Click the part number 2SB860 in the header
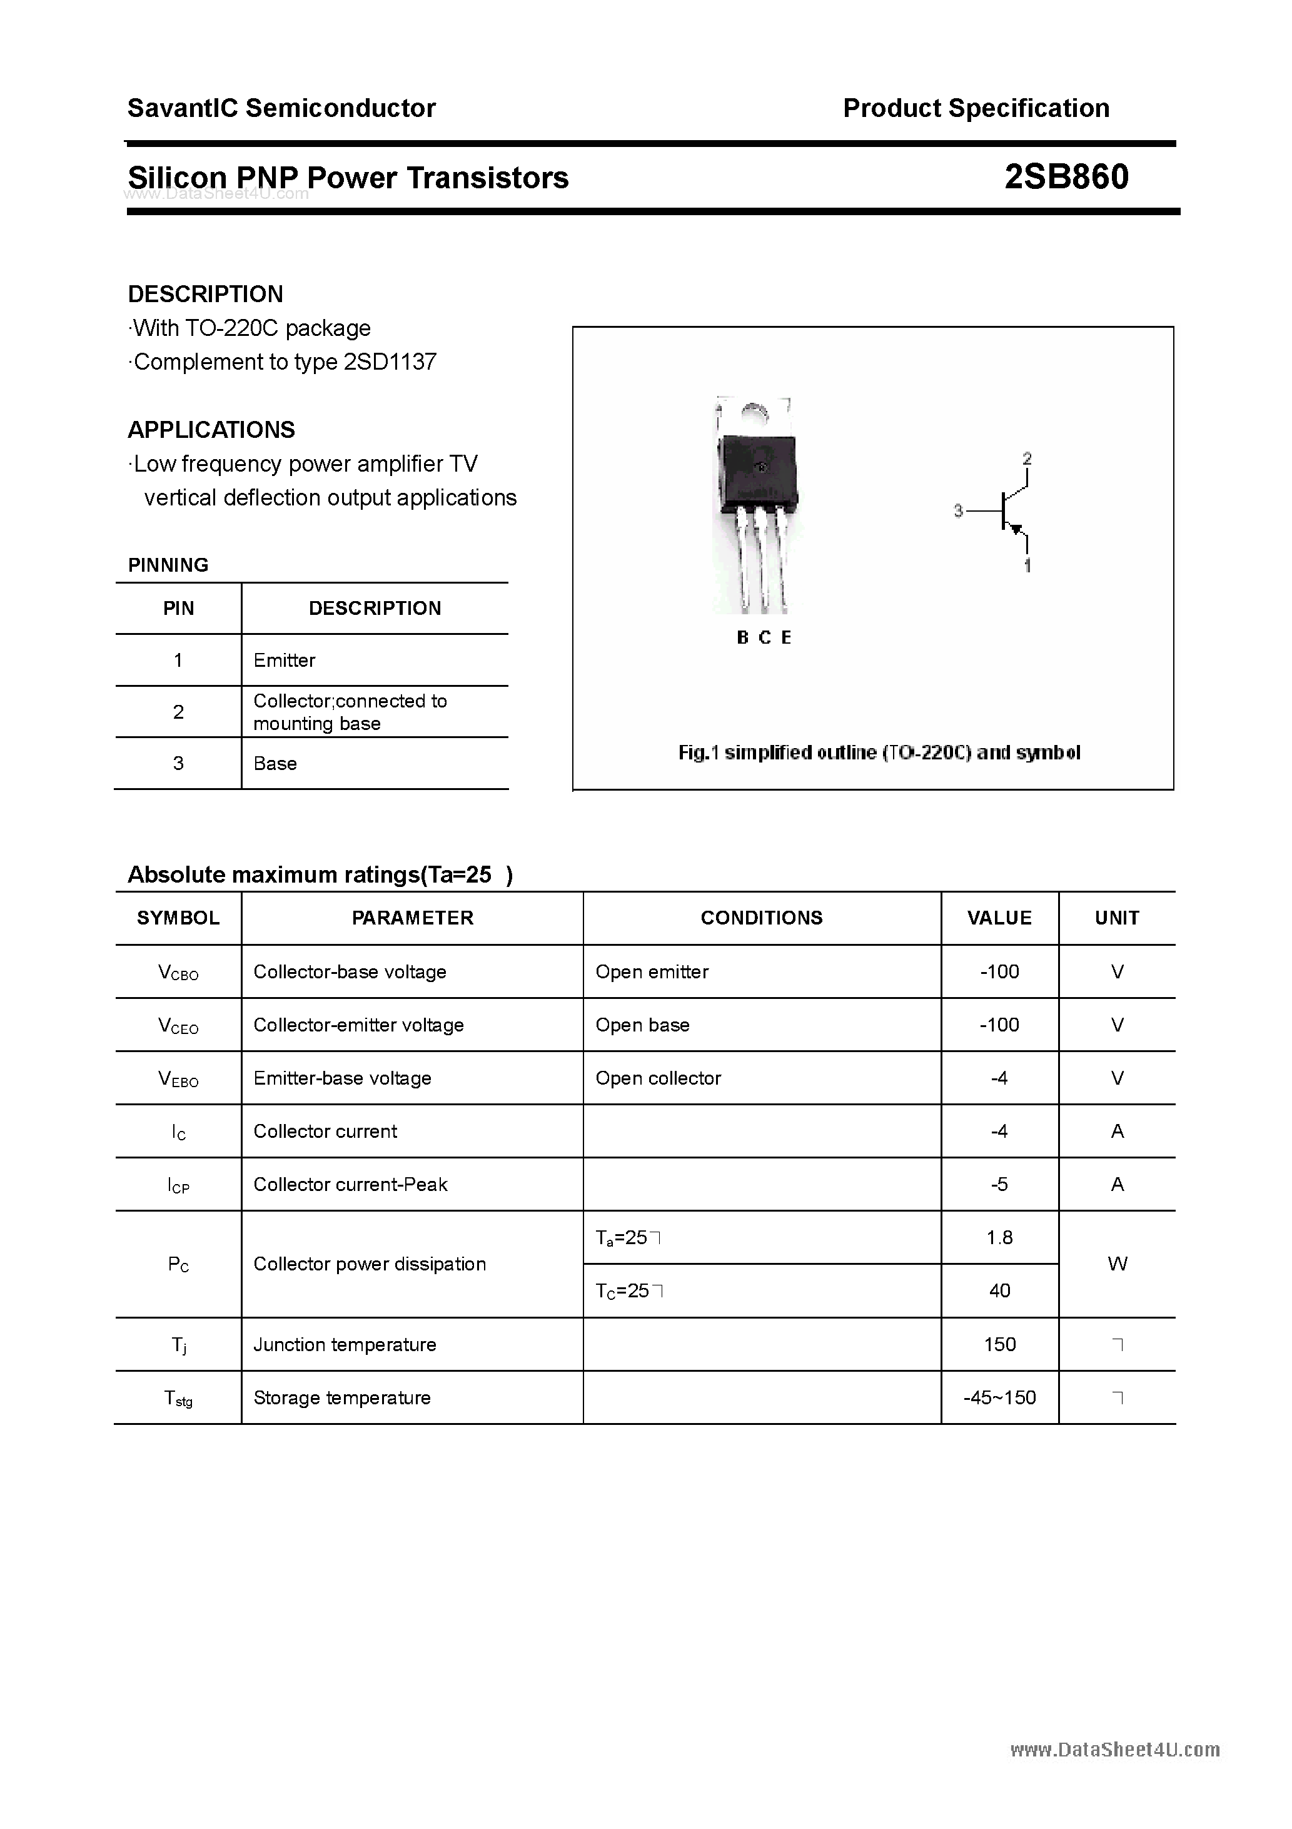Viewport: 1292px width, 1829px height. (x=1066, y=177)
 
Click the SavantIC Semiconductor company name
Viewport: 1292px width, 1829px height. (x=281, y=108)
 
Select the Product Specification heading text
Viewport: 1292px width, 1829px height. (x=976, y=108)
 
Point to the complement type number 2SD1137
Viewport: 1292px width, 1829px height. (x=390, y=362)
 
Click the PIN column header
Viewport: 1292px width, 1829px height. (x=178, y=609)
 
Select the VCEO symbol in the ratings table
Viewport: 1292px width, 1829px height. (x=178, y=1025)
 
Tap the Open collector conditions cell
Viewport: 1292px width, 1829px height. (x=658, y=1078)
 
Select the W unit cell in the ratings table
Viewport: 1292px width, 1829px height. (x=1117, y=1264)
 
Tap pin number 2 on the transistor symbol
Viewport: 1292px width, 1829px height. (x=1027, y=459)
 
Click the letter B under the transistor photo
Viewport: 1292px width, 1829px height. (x=742, y=637)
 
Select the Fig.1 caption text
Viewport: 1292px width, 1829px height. (x=879, y=752)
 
